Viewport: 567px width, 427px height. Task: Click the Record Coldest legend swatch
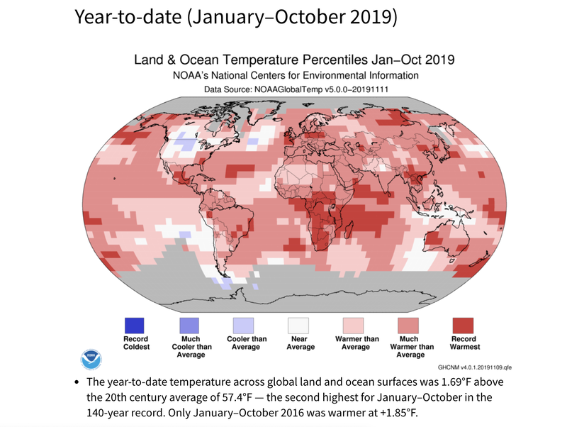point(135,325)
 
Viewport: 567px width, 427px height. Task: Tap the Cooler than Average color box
point(244,325)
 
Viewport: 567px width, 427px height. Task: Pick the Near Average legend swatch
point(298,325)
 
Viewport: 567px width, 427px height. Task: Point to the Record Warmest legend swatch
point(463,325)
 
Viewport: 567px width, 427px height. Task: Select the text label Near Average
point(298,343)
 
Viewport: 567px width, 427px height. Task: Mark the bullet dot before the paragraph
point(77,382)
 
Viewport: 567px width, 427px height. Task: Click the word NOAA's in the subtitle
point(192,75)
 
